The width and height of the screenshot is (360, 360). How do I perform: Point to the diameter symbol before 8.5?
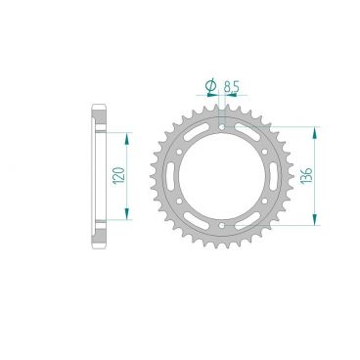(210, 88)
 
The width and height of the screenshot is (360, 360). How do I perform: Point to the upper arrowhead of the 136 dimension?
(314, 129)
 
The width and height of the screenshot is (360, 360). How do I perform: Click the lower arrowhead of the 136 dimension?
(314, 227)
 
